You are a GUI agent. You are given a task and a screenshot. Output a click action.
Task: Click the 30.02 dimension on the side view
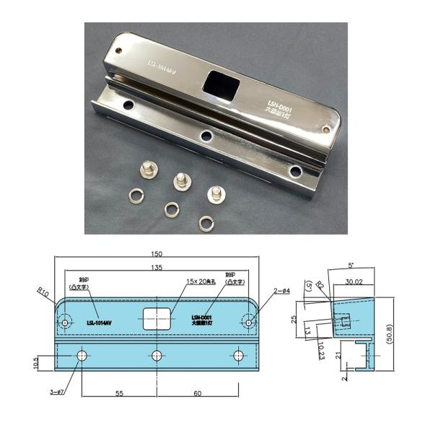pyautogui.click(x=354, y=283)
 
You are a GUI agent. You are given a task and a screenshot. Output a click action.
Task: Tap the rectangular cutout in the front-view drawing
pyautogui.click(x=157, y=318)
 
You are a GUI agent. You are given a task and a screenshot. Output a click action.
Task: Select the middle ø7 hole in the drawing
pyautogui.click(x=157, y=355)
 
